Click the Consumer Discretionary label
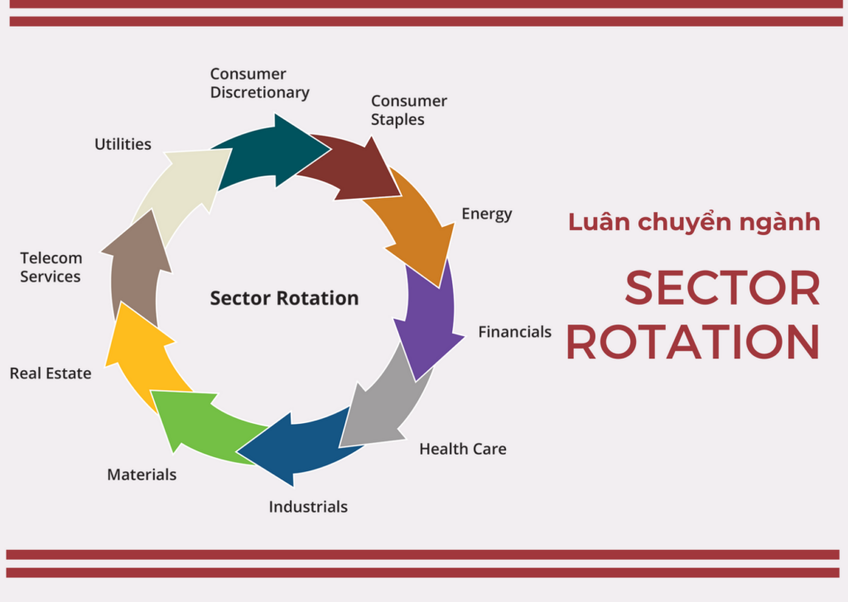click(259, 84)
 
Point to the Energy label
click(487, 214)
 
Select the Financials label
click(515, 331)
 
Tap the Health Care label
click(463, 449)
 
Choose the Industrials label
click(308, 507)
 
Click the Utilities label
click(123, 144)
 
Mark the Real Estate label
click(51, 373)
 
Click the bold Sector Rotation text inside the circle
click(285, 298)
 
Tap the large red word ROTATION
click(693, 342)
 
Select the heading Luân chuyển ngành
click(694, 222)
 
